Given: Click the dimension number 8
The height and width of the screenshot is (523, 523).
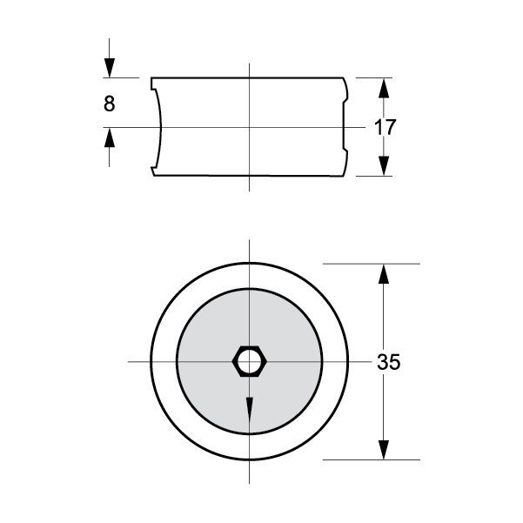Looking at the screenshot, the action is (110, 104).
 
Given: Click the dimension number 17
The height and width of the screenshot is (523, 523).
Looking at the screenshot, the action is (386, 127).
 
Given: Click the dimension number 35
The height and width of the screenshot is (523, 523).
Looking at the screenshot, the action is (389, 362).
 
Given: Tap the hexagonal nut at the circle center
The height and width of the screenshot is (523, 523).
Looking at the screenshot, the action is (250, 361).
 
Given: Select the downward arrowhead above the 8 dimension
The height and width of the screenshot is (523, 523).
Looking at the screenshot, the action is (110, 68).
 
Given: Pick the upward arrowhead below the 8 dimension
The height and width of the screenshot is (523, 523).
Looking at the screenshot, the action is (110, 137).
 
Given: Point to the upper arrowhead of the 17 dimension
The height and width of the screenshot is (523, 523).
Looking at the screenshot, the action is (384, 88).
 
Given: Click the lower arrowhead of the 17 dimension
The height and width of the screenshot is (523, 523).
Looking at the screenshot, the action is (384, 165).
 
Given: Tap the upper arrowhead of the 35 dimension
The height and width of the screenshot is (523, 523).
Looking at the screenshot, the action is (384, 274).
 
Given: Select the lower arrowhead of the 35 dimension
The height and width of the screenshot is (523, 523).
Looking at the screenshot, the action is (384, 450).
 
